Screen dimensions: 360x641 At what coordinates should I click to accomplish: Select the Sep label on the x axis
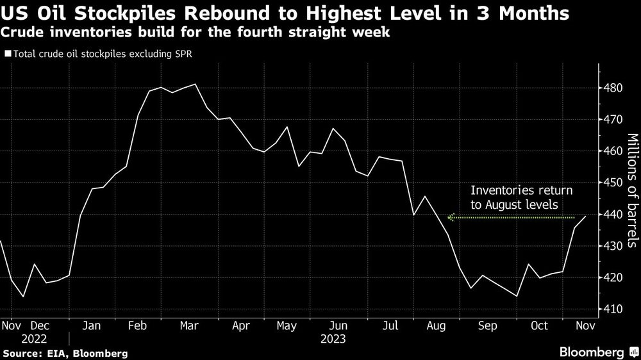[488, 325]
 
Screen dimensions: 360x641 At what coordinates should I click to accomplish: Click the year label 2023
[333, 338]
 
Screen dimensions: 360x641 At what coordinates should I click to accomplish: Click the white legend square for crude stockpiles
[7, 54]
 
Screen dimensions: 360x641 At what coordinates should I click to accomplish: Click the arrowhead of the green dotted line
[451, 218]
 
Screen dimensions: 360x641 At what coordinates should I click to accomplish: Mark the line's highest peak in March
[195, 84]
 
